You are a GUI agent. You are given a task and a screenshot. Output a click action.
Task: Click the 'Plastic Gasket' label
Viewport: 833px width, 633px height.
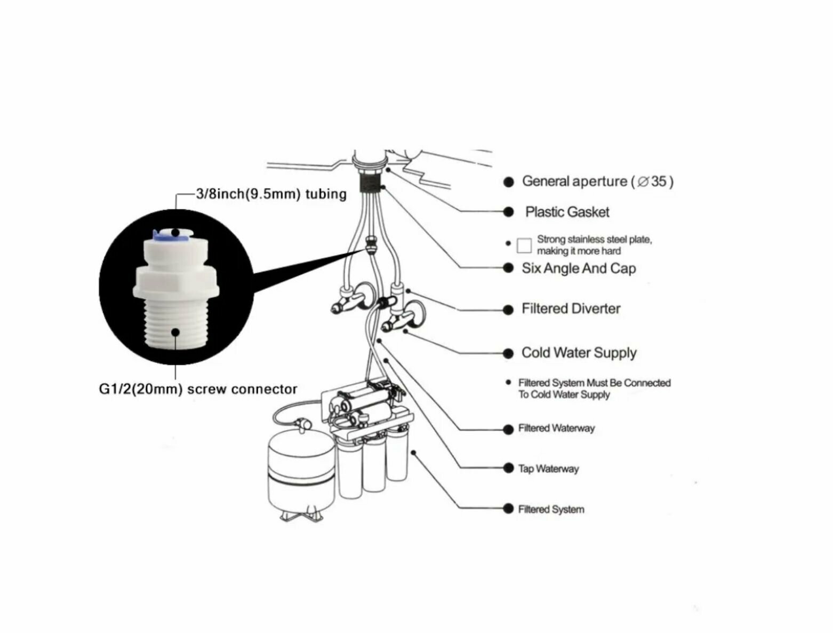coord(567,212)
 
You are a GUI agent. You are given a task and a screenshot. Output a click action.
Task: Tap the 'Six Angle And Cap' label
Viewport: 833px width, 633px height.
coord(579,268)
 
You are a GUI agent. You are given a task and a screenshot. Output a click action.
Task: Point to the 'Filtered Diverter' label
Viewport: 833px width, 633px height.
coord(571,309)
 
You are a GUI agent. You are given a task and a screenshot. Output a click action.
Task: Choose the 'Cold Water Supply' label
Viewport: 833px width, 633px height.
coord(579,353)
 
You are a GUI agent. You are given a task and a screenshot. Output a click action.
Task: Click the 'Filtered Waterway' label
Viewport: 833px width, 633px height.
coord(556,429)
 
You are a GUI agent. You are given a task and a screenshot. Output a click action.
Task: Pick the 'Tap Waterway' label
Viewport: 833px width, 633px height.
coord(548,469)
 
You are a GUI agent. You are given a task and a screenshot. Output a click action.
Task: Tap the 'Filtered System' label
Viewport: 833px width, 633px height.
coord(551,510)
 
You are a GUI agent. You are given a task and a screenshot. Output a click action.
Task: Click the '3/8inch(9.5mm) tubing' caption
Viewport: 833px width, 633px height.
coord(271,194)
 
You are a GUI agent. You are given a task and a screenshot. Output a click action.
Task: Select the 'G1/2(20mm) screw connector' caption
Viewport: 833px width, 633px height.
coord(198,389)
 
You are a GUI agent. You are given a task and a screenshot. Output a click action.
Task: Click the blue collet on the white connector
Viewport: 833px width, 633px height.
coord(158,234)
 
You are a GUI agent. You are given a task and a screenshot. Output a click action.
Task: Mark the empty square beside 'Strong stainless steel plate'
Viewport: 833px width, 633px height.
coord(524,246)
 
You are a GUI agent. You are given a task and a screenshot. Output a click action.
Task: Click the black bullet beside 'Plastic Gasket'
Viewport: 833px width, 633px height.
coord(508,212)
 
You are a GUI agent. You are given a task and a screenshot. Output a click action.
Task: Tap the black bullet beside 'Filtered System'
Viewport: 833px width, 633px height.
coord(508,509)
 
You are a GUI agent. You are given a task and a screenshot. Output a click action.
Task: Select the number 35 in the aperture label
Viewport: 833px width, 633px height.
coord(658,181)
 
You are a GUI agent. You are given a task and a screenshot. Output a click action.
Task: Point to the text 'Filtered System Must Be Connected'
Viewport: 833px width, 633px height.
coord(594,383)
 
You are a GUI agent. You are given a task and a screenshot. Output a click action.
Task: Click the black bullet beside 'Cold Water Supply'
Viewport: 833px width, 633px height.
coord(508,353)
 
